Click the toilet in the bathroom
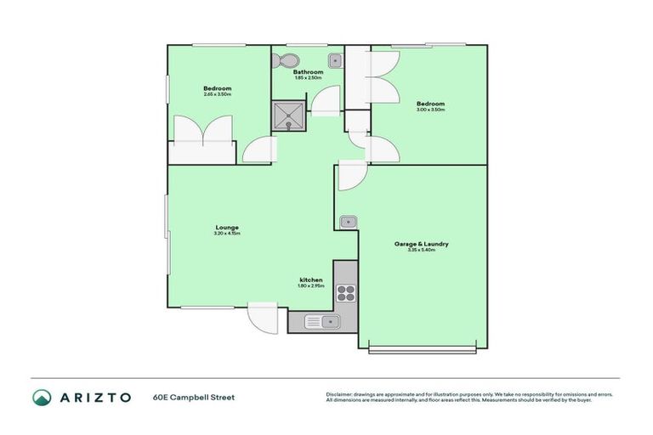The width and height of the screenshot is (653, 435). point(288,60)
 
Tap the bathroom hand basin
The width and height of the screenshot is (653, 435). point(336,60)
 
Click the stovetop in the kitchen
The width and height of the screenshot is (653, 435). point(346,293)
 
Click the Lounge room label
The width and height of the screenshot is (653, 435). point(226,227)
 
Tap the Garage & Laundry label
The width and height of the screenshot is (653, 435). point(421,244)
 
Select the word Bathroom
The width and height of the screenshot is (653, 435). point(308,72)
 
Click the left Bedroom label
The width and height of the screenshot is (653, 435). point(217,88)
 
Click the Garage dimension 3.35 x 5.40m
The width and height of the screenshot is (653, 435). point(421,250)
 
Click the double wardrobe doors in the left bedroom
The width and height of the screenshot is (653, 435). point(203,133)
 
